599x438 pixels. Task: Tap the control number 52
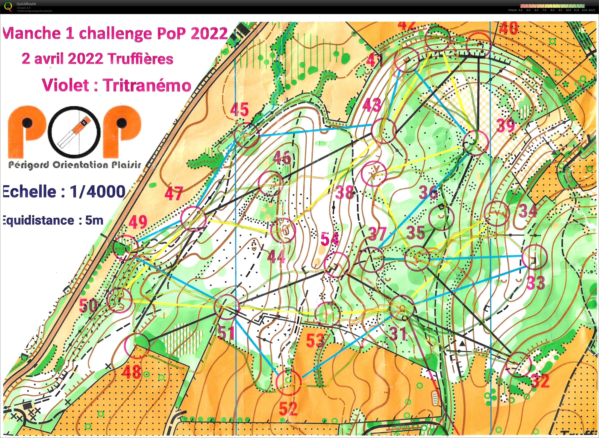pos(288,409)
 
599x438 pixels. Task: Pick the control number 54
pos(330,239)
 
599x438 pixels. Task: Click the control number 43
pos(372,105)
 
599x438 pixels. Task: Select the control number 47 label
pos(174,193)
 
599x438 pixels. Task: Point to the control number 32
pos(540,381)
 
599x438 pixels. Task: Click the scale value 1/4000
pos(98,191)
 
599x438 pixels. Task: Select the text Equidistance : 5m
pos(53,220)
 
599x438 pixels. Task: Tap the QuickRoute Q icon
pos(8,6)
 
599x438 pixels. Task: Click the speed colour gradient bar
pos(552,6)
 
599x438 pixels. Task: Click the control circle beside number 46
pos(271,183)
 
